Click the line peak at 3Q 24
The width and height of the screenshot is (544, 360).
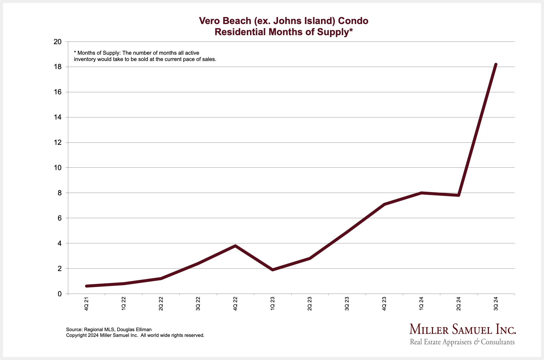496,65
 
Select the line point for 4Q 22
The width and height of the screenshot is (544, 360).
235,246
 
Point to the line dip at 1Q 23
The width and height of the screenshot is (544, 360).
272,270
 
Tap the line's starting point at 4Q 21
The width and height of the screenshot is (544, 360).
87,286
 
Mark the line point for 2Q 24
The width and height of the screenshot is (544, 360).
458,195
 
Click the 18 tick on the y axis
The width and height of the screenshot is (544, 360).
57,67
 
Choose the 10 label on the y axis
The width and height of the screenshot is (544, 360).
57,168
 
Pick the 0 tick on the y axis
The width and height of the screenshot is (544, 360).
60,294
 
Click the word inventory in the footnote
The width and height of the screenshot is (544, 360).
85,59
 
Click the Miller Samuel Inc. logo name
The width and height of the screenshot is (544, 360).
463,330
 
